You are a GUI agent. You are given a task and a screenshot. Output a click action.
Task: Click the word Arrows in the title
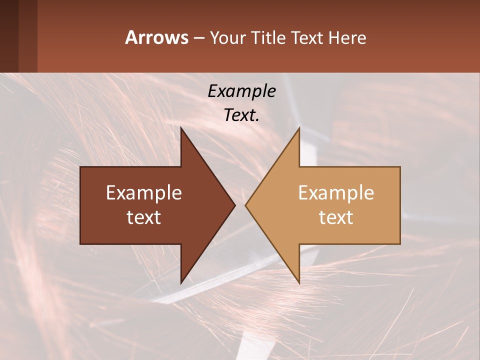click(156, 37)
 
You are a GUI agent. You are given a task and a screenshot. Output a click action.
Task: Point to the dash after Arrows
click(198, 38)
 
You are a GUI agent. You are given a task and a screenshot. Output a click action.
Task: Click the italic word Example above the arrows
click(241, 91)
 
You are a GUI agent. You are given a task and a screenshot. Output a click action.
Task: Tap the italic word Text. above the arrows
click(241, 115)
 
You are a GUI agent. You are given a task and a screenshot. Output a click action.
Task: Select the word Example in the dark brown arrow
click(144, 193)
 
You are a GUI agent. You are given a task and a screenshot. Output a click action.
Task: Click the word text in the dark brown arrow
click(144, 217)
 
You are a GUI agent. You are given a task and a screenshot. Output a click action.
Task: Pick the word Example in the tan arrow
click(336, 193)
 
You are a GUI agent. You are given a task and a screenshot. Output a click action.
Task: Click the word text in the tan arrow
click(336, 217)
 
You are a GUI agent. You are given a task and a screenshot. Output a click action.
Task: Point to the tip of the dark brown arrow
click(234, 205)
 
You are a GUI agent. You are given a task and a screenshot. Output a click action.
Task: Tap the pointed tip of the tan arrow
click(246, 205)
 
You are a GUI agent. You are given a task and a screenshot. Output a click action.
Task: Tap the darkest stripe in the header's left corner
click(9, 36)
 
